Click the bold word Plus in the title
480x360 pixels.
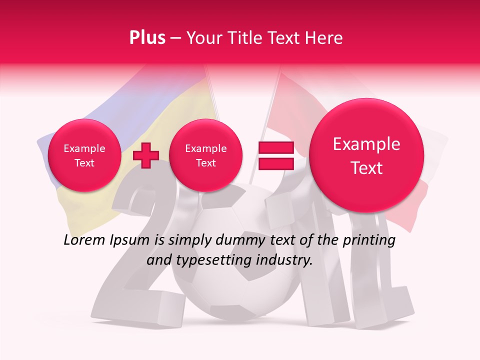pyautogui.click(x=147, y=38)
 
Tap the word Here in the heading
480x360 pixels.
pyautogui.click(x=324, y=38)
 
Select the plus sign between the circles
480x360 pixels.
pyautogui.click(x=145, y=155)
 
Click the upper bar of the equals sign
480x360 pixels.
pyautogui.click(x=275, y=147)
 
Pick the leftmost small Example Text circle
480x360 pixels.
pyautogui.click(x=84, y=155)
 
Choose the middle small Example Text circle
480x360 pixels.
pyautogui.click(x=205, y=155)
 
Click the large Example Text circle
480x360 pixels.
pyautogui.click(x=366, y=155)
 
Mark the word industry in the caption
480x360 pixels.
pyautogui.click(x=283, y=260)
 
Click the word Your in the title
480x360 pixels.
pyautogui.click(x=202, y=38)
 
